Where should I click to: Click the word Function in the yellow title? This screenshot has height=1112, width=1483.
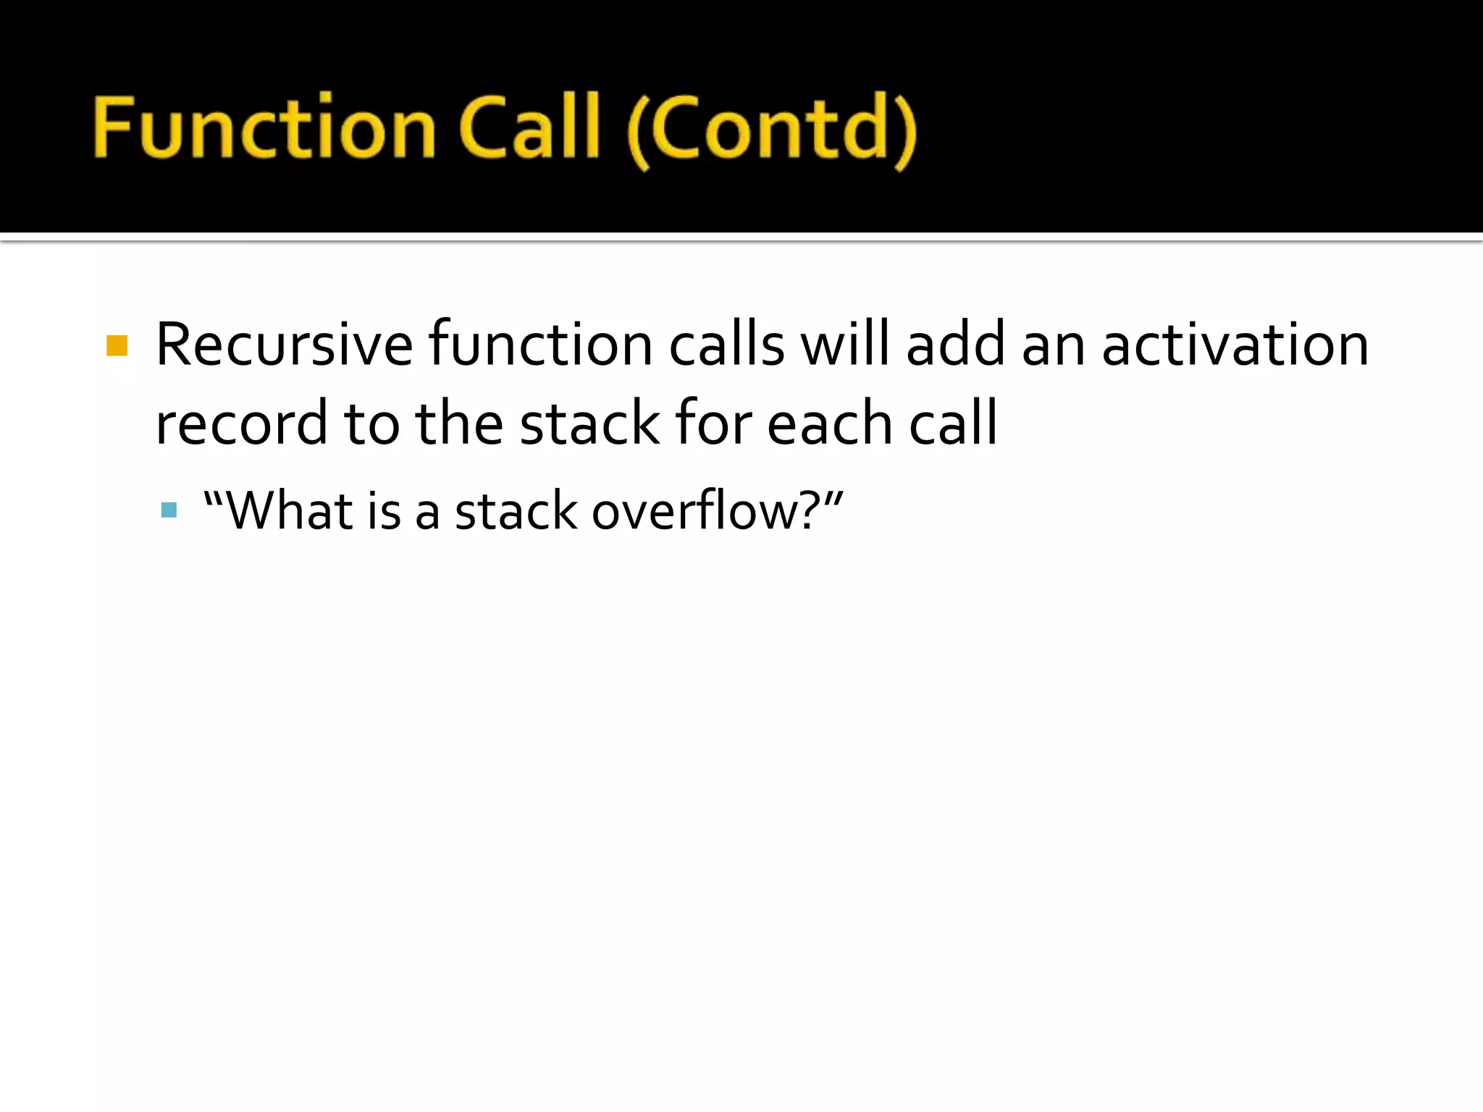pos(264,129)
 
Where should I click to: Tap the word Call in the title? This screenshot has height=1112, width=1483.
pos(529,129)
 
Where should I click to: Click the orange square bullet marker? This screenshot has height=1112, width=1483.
pos(117,346)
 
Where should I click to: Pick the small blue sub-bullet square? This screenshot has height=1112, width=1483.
pos(169,511)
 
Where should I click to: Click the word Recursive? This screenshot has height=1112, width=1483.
pos(284,346)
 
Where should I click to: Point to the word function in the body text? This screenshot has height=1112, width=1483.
pos(540,346)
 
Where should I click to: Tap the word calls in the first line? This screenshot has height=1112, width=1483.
pos(726,346)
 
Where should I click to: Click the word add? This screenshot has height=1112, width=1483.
pos(956,346)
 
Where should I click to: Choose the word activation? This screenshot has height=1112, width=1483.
pos(1235,346)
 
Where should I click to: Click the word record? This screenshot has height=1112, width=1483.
pos(241,424)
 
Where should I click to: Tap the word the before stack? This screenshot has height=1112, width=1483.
pos(459,424)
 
